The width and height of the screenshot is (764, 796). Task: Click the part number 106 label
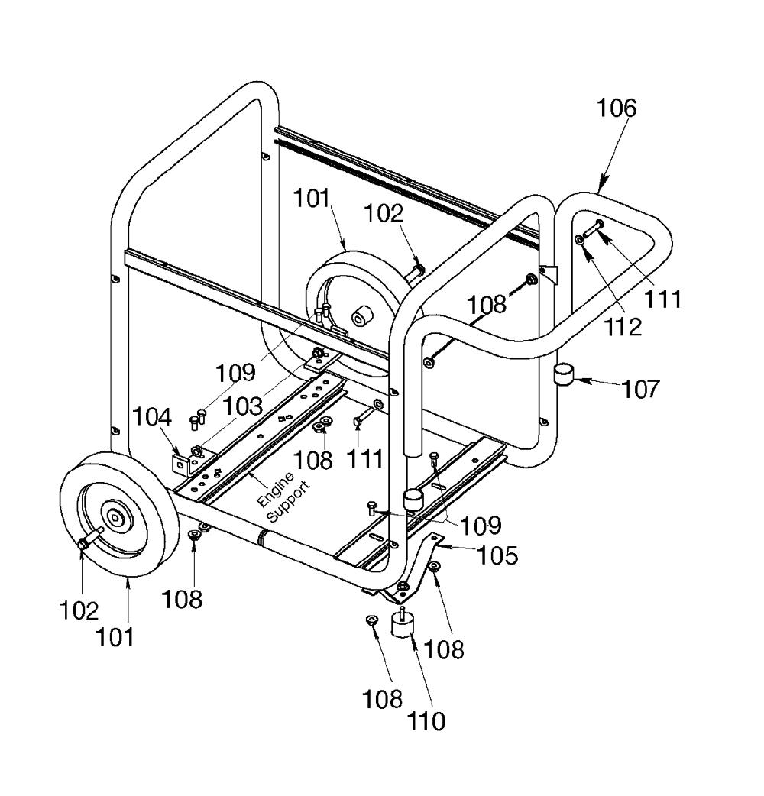616,108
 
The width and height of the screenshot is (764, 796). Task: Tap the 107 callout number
641,390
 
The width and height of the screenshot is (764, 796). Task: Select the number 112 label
623,327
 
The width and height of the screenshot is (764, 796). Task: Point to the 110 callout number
426,720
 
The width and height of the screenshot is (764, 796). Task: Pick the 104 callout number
152,417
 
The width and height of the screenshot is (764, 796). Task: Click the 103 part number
243,406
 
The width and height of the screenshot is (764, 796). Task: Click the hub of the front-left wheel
116,517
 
